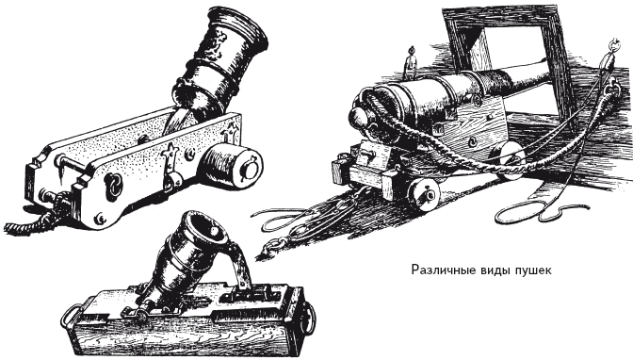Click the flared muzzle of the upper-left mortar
pyautogui.click(x=237, y=25)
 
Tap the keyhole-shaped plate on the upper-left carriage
pyautogui.click(x=114, y=187)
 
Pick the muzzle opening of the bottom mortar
pyautogui.click(x=207, y=227)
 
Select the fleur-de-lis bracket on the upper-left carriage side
pyautogui.click(x=170, y=157)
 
